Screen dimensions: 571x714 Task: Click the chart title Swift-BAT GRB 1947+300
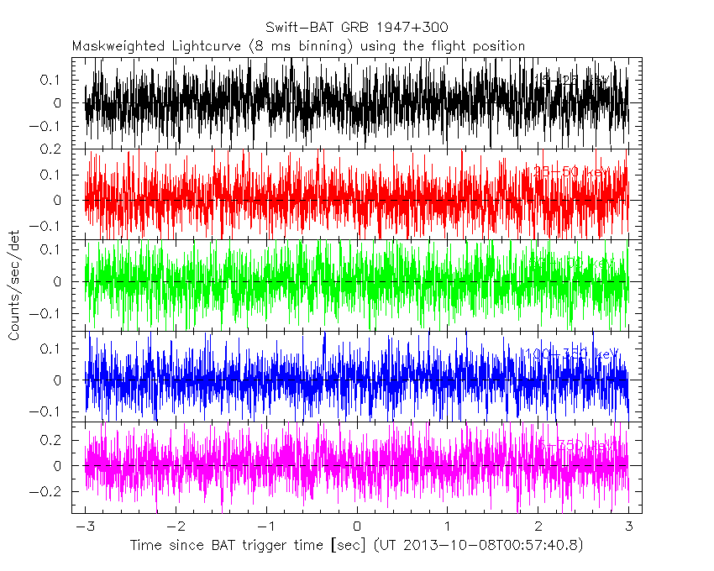click(x=357, y=28)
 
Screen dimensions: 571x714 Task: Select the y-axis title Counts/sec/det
click(x=14, y=286)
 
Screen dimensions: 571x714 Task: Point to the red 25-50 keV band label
click(x=572, y=172)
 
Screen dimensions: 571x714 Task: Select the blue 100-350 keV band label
click(x=569, y=354)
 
